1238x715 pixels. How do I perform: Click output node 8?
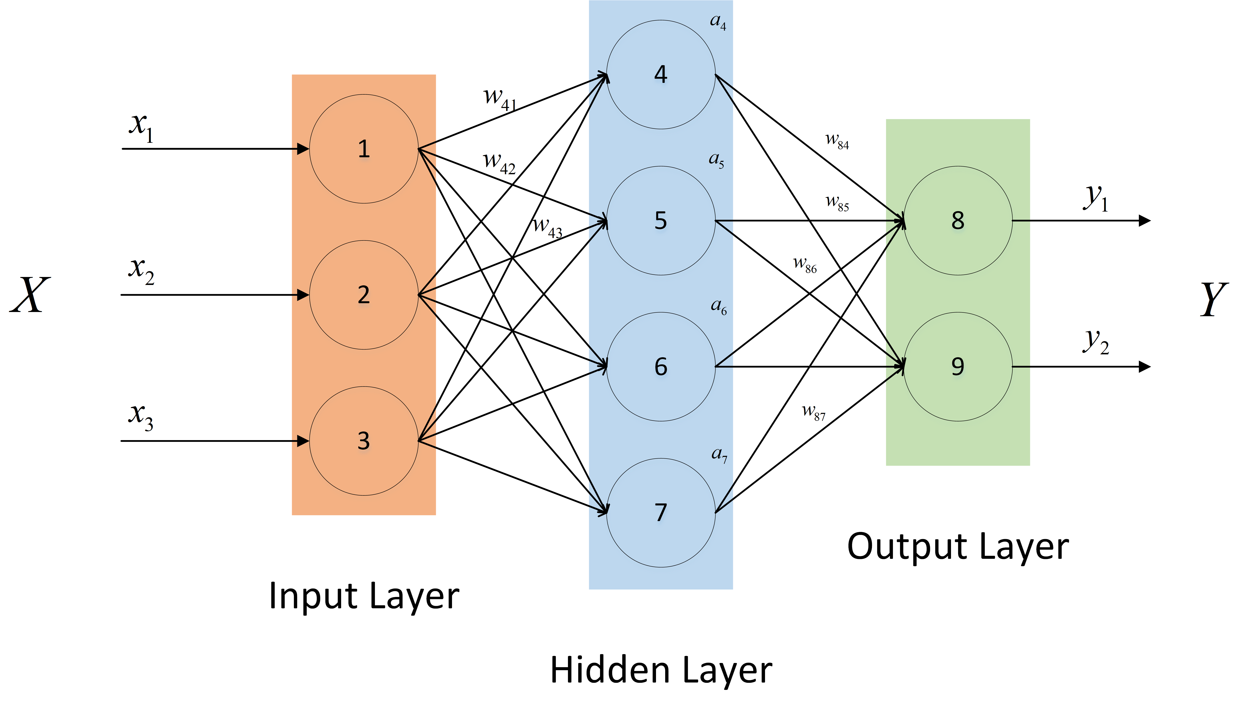(x=958, y=221)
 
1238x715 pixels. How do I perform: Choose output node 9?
(x=958, y=366)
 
